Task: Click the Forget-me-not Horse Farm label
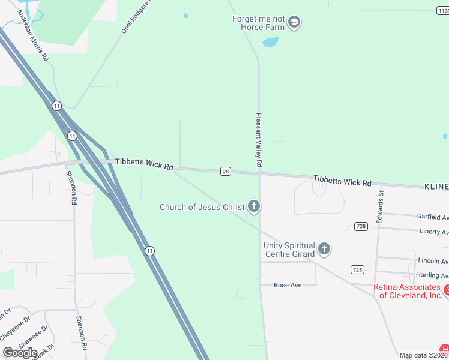click(259, 23)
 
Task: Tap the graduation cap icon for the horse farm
click(294, 23)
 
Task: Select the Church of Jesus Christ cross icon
click(254, 207)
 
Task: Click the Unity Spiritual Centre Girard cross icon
click(324, 249)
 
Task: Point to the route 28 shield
click(225, 172)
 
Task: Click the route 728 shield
click(360, 226)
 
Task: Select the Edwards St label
click(380, 206)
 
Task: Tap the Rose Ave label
click(288, 285)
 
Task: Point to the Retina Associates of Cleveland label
click(407, 291)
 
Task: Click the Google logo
click(20, 353)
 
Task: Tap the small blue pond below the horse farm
click(270, 42)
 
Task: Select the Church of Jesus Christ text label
click(202, 207)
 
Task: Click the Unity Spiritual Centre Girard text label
click(289, 250)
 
